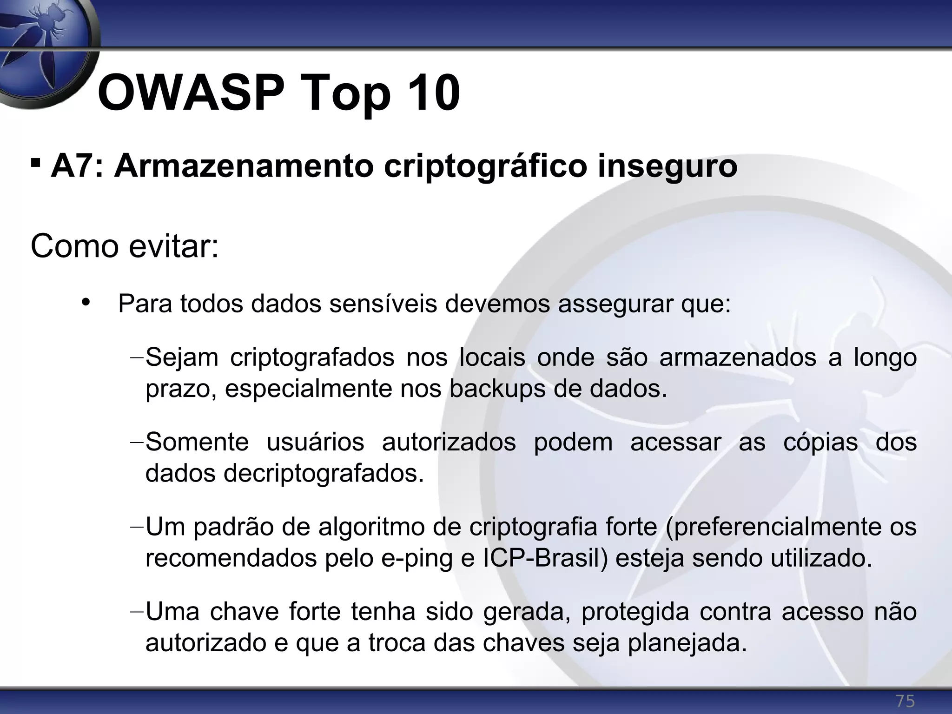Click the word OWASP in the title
coord(191,93)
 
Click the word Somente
coord(197,442)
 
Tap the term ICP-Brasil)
coord(546,558)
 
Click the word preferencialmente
coord(767,527)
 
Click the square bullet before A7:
coord(35,164)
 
